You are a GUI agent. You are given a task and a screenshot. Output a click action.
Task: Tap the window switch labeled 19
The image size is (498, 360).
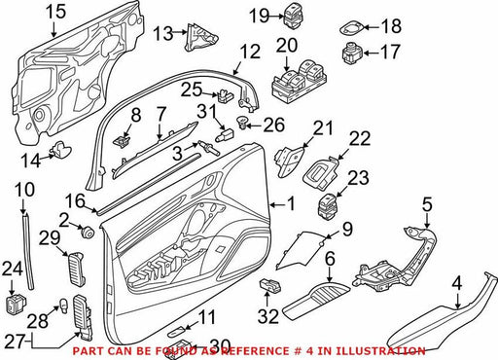click(x=294, y=15)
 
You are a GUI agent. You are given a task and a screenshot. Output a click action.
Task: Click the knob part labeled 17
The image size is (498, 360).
click(x=353, y=54)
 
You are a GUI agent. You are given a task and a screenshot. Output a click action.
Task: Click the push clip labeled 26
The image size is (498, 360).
click(x=243, y=123)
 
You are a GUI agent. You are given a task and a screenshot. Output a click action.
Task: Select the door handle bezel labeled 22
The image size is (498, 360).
click(x=321, y=174)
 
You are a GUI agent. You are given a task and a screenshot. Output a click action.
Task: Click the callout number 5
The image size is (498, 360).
click(x=427, y=204)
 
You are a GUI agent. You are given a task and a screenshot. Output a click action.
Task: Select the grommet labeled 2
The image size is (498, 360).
click(x=87, y=232)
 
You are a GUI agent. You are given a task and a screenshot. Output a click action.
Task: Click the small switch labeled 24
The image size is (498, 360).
click(x=17, y=304)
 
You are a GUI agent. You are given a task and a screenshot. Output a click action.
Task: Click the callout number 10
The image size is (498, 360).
click(x=25, y=190)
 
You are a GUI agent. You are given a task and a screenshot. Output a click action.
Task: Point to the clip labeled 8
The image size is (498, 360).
click(x=122, y=141)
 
